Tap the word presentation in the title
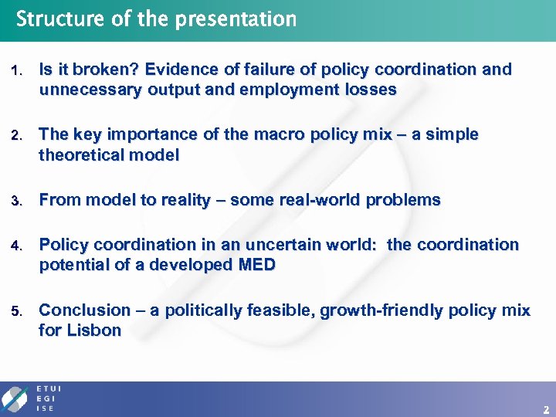[236, 19]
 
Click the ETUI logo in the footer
[31, 398]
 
